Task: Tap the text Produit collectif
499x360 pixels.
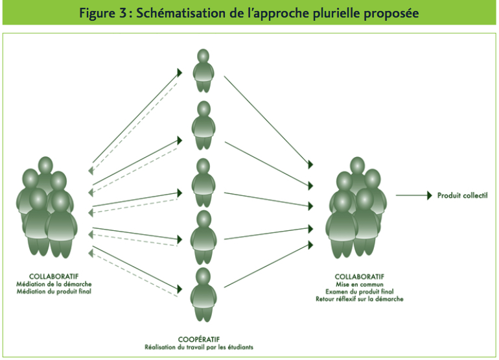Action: coord(462,195)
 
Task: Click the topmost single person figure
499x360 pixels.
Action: coord(203,71)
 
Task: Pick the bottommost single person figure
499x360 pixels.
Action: coord(202,294)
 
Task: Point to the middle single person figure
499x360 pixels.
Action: coord(202,182)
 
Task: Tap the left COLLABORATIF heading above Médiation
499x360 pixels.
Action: coord(54,277)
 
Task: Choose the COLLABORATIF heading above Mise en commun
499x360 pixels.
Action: coord(360,277)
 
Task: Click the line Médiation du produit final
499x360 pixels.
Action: coord(54,293)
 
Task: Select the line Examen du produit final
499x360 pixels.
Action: coord(360,292)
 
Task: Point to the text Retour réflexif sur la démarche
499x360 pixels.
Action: coord(360,299)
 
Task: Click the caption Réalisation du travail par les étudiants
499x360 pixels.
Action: coord(198,348)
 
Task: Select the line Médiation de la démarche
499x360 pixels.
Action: coord(54,285)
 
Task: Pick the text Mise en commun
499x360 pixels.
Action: coord(360,285)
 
